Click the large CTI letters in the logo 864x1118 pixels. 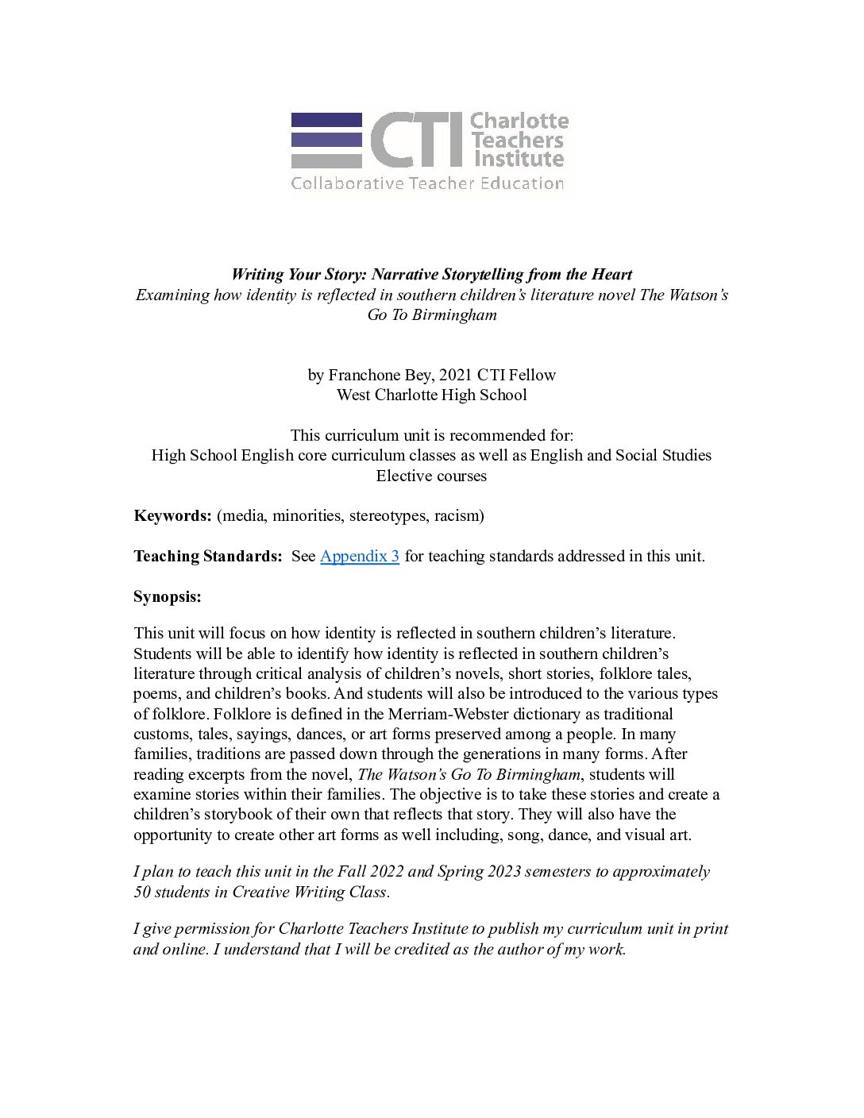(416, 140)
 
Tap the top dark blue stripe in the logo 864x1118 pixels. (326, 120)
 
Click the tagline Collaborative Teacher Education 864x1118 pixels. (427, 183)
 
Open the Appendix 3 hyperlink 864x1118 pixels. (359, 556)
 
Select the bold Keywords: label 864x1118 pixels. (172, 515)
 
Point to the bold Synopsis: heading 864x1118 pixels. (168, 596)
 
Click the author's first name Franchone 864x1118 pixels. (362, 375)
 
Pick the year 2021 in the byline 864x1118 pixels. (456, 375)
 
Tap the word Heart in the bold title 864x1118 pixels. (611, 275)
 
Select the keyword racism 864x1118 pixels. (458, 515)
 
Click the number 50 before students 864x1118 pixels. (142, 892)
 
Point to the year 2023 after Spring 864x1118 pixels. (500, 872)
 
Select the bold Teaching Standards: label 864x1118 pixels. (207, 556)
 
